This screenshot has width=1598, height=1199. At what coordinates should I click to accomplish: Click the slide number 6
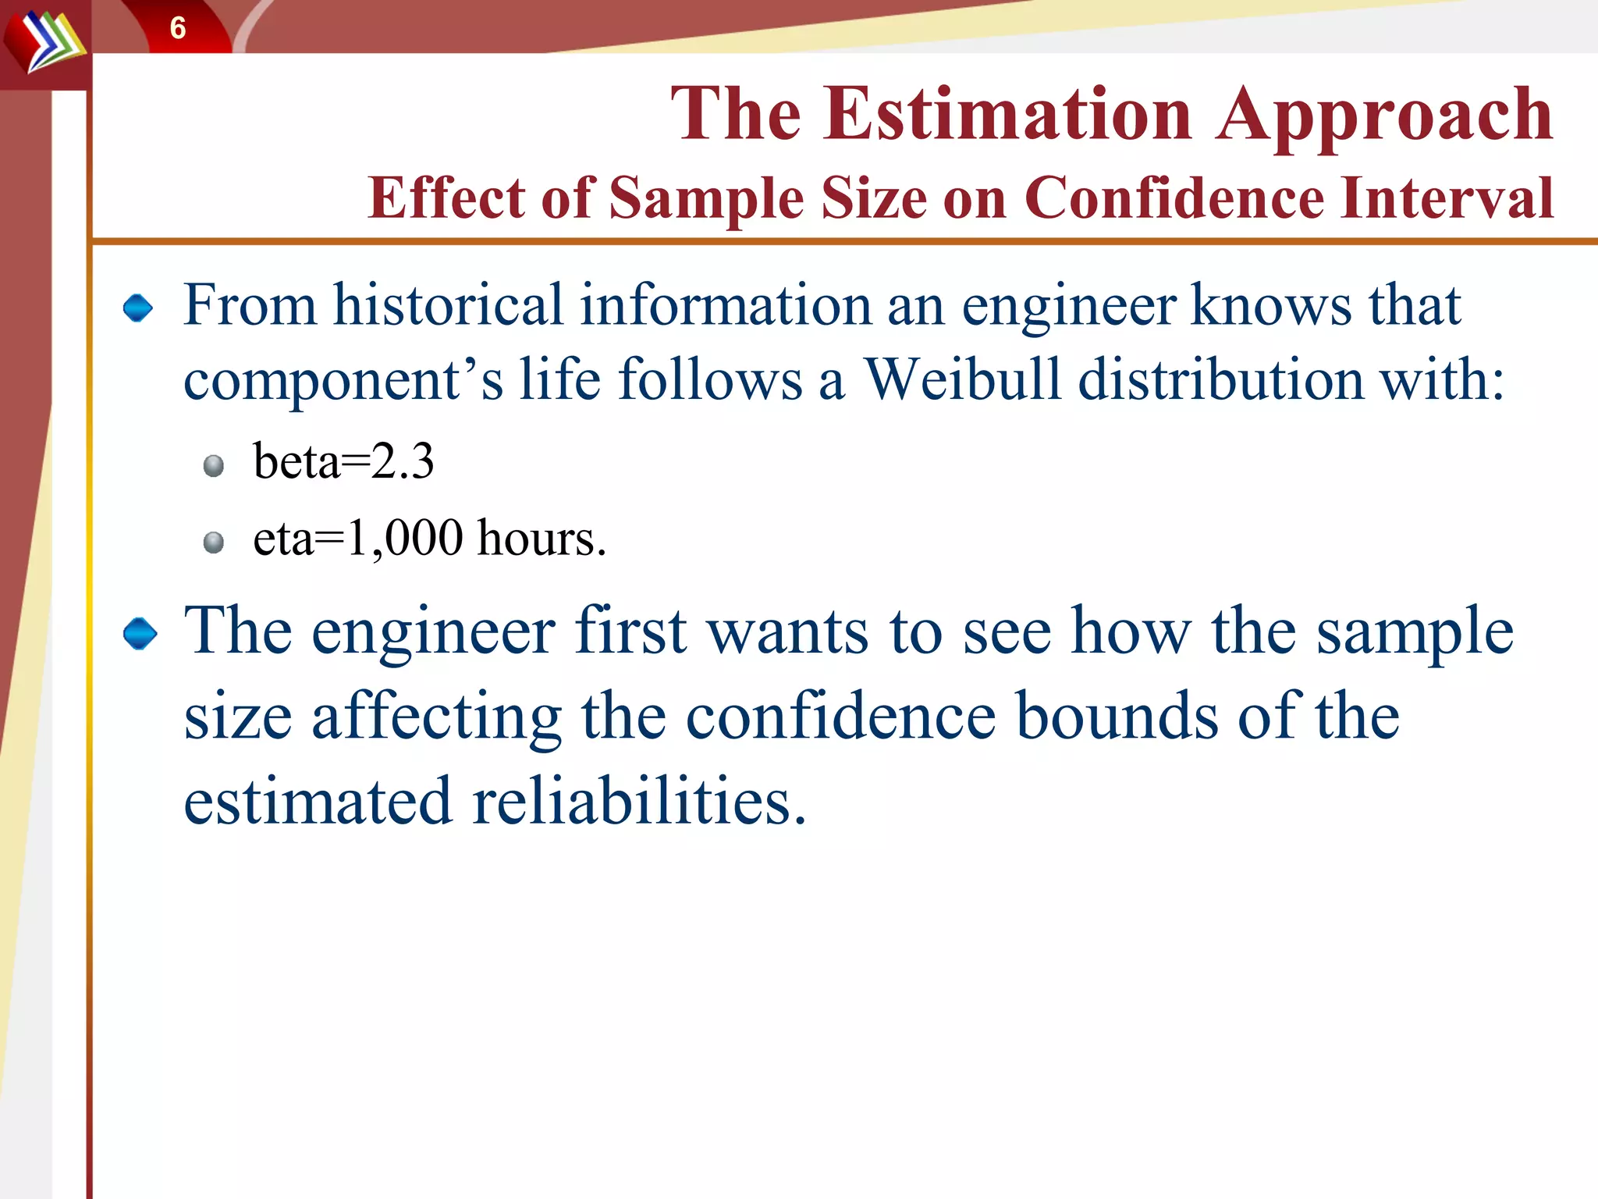(178, 29)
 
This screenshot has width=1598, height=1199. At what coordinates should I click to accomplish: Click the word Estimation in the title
(1007, 115)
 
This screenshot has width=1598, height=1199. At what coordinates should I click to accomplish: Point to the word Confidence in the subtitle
(1174, 198)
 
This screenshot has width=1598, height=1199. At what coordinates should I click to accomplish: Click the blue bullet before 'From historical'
(138, 308)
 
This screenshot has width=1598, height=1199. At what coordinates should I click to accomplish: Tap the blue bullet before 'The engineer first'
(140, 633)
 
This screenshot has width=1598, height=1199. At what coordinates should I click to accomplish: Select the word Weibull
(963, 380)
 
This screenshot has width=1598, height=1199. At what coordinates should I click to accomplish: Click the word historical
(448, 304)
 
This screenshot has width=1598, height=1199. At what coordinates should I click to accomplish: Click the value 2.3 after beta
(403, 461)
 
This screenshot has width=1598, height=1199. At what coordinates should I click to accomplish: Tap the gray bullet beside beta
(213, 466)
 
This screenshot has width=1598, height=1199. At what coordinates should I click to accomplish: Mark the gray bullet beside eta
(213, 542)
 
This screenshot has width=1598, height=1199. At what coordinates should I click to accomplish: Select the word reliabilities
(638, 802)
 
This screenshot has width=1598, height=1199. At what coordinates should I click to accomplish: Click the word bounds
(1117, 717)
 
